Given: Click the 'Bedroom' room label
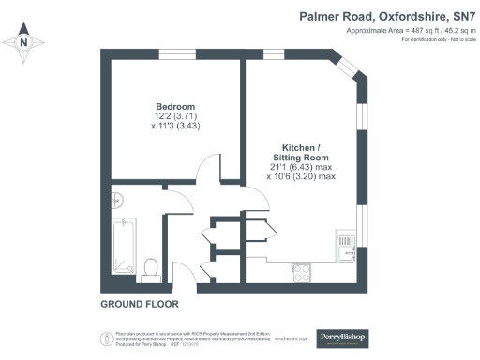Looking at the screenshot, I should [x=174, y=105].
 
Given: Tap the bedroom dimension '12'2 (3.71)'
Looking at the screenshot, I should [x=174, y=115].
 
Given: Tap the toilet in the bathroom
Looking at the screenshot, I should [x=149, y=269].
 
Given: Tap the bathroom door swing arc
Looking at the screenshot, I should [x=180, y=201].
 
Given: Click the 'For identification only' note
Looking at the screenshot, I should [x=438, y=39].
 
